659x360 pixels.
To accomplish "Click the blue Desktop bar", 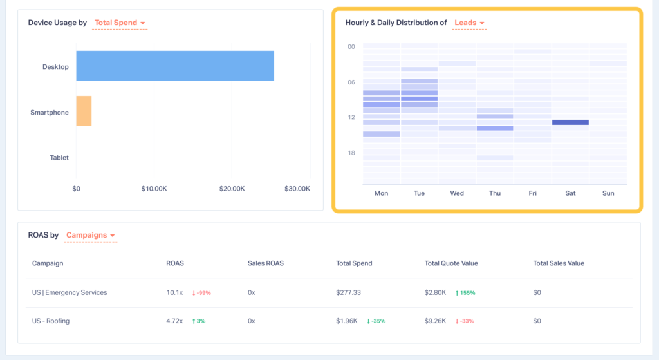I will coord(175,66).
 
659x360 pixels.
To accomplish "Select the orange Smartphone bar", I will coord(84,111).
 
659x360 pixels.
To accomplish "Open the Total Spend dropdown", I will coord(120,23).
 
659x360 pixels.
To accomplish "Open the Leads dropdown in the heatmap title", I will coord(469,23).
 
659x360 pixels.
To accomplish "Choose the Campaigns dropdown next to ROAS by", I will coord(90,236).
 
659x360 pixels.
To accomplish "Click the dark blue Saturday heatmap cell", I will coord(570,122).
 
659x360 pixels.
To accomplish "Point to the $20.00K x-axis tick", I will coord(232,189).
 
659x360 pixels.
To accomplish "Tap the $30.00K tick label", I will coord(297,189).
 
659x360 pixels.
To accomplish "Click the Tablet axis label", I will coord(59,158).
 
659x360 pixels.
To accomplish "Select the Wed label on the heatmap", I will coord(457,193).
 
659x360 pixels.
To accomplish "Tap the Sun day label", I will coord(608,193).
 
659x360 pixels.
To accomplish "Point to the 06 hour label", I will coord(351,82).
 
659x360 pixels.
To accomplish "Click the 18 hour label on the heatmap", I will coord(351,153).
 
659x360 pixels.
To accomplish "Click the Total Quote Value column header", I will coord(451,263).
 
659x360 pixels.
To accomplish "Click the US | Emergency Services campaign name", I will coord(70,292).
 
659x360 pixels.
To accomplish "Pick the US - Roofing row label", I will coord(51,321).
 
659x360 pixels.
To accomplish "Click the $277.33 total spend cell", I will coord(348,292).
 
